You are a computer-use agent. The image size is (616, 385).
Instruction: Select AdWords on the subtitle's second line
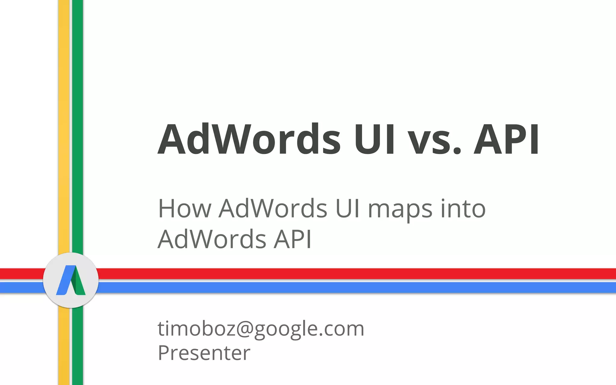click(212, 239)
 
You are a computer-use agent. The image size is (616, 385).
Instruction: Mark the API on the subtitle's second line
click(292, 239)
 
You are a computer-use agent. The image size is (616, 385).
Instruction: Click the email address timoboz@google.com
click(261, 328)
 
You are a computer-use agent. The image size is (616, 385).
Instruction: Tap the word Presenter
click(204, 353)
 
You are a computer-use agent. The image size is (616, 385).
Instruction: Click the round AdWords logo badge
click(71, 280)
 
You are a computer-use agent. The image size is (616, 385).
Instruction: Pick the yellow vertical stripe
click(64, 120)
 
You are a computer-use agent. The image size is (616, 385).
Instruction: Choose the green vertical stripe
click(78, 120)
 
